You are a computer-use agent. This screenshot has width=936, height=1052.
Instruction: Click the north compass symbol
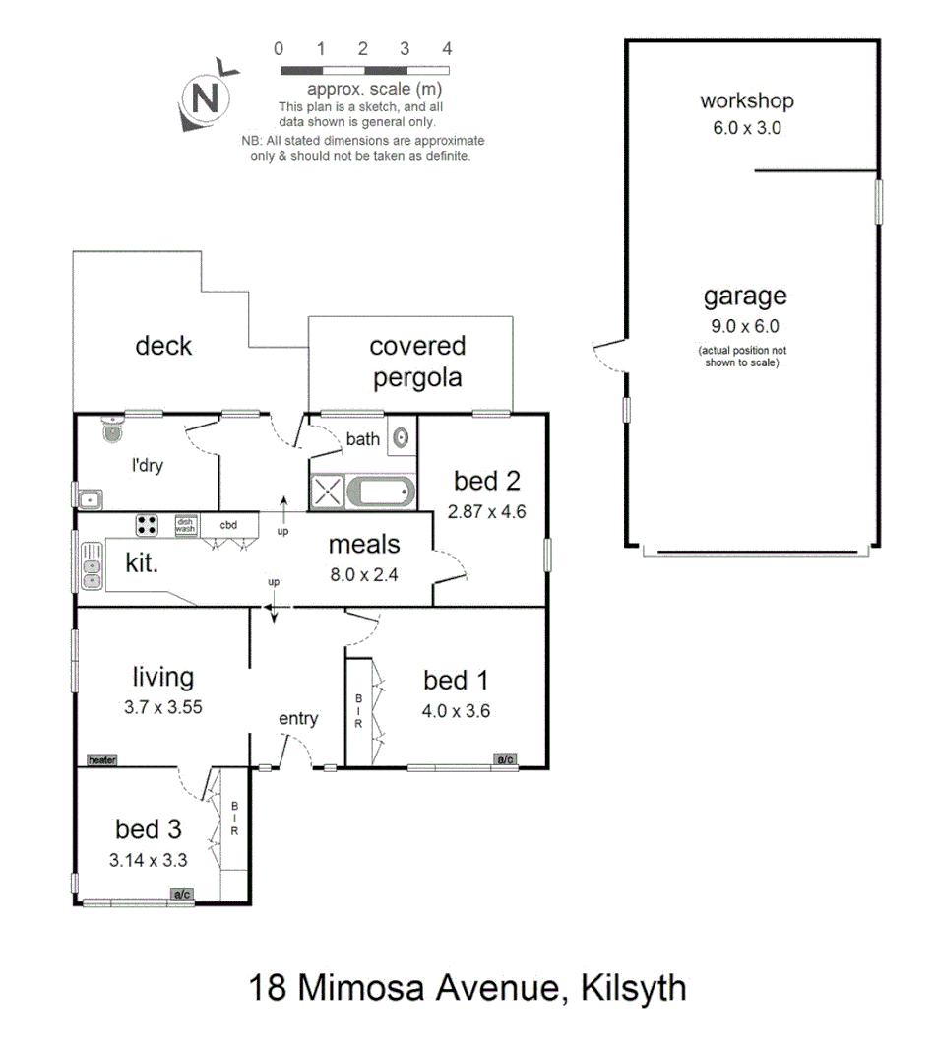click(205, 99)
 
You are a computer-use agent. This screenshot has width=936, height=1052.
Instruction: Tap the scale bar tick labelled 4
click(447, 48)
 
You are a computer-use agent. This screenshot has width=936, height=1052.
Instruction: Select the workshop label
click(746, 100)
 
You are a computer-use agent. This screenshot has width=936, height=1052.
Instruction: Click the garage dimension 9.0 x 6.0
click(745, 326)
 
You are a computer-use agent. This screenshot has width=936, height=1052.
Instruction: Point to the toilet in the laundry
click(112, 429)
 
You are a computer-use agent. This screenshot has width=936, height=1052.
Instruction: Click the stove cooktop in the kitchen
click(148, 525)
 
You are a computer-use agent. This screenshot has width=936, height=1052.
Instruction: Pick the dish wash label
click(186, 526)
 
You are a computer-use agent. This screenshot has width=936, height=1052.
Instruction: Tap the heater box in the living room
click(101, 760)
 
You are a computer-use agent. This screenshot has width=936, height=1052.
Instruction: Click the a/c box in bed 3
click(182, 895)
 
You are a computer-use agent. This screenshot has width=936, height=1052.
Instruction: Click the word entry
click(298, 719)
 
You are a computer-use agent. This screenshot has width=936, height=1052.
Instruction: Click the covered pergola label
click(417, 362)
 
